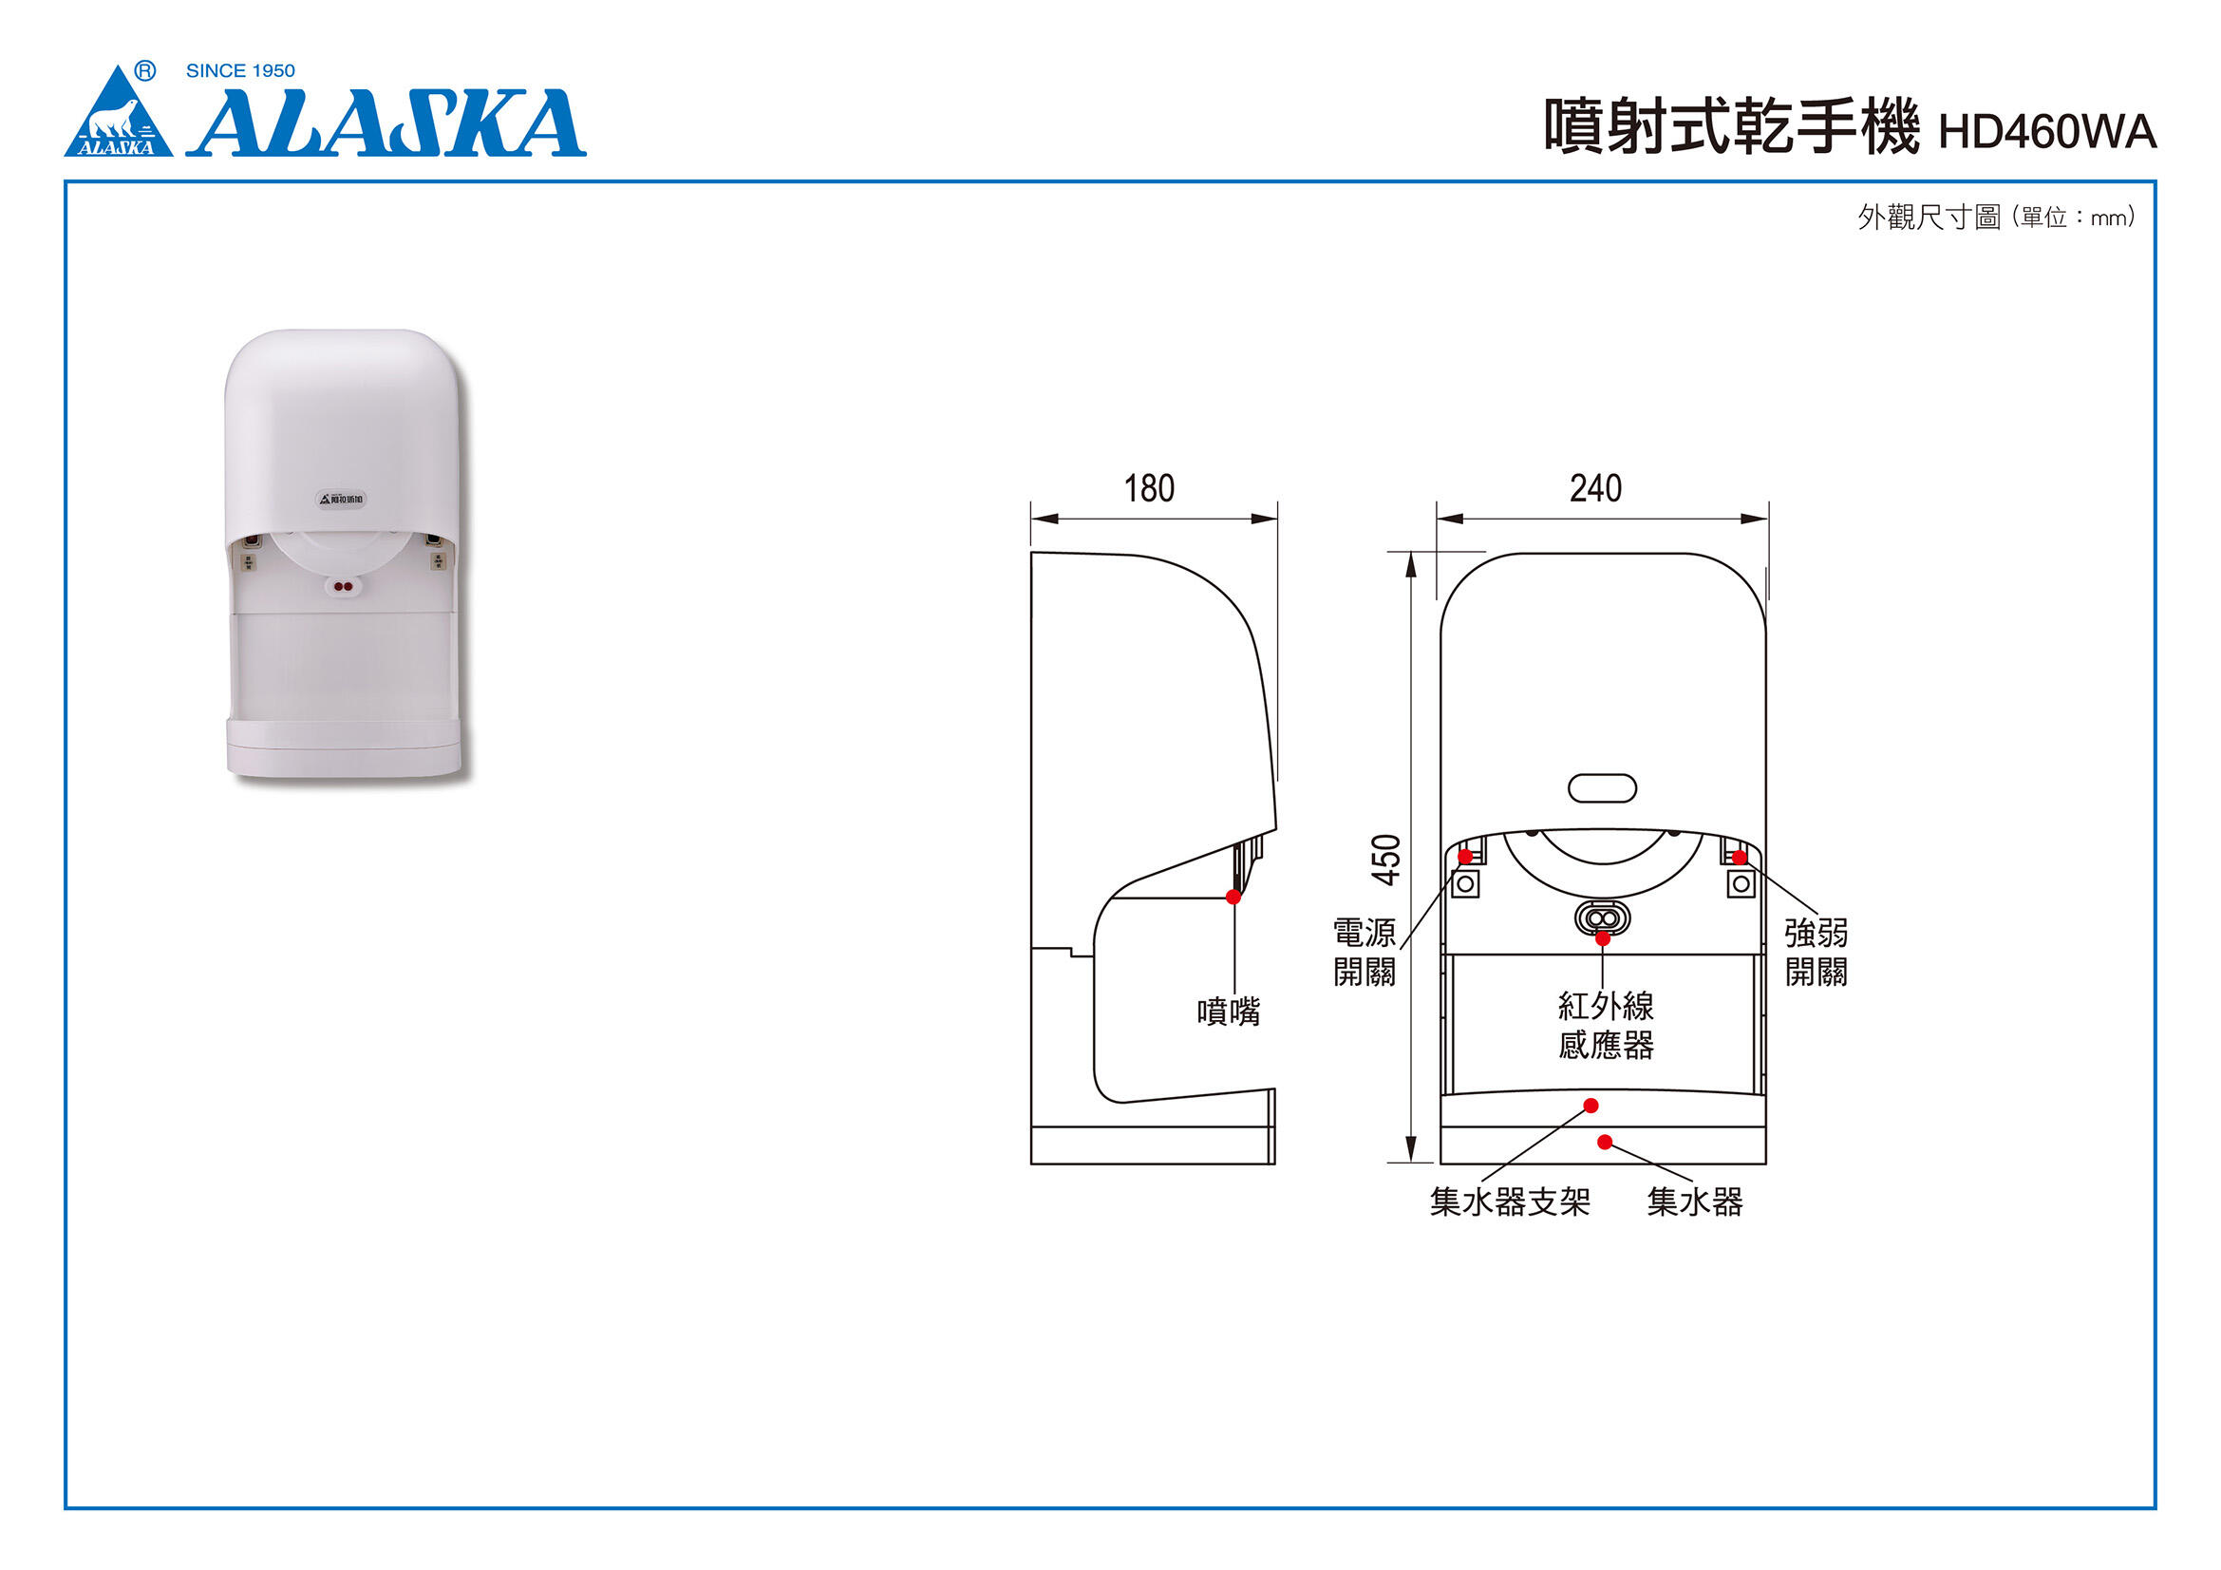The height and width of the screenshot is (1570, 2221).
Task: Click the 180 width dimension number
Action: pos(1148,488)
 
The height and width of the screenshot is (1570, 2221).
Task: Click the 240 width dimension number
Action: pos(1595,488)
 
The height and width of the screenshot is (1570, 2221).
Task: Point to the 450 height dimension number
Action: pos(1386,859)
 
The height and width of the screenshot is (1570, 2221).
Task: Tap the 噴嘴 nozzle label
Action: pos(1229,1012)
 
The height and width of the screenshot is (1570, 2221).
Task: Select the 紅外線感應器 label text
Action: pos(1606,1026)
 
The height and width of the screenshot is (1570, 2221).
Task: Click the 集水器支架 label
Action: pos(1509,1201)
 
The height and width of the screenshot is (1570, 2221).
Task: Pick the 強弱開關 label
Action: pos(1816,952)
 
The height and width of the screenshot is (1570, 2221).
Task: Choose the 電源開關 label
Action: pos(1364,952)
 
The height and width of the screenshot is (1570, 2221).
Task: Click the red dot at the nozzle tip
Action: pos(1233,897)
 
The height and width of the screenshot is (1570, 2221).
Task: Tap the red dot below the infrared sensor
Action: pos(1603,938)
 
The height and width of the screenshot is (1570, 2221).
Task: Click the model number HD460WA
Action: pos(2046,133)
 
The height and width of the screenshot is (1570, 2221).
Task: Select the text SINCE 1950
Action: pos(240,70)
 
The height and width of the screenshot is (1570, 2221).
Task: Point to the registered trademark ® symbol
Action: pos(145,69)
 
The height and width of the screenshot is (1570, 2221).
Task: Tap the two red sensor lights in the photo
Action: pos(343,585)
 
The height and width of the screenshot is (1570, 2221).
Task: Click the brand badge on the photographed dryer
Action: pos(343,500)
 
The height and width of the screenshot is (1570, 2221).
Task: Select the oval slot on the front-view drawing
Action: pos(1602,788)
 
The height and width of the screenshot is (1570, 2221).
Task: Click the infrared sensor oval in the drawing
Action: pos(1602,917)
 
